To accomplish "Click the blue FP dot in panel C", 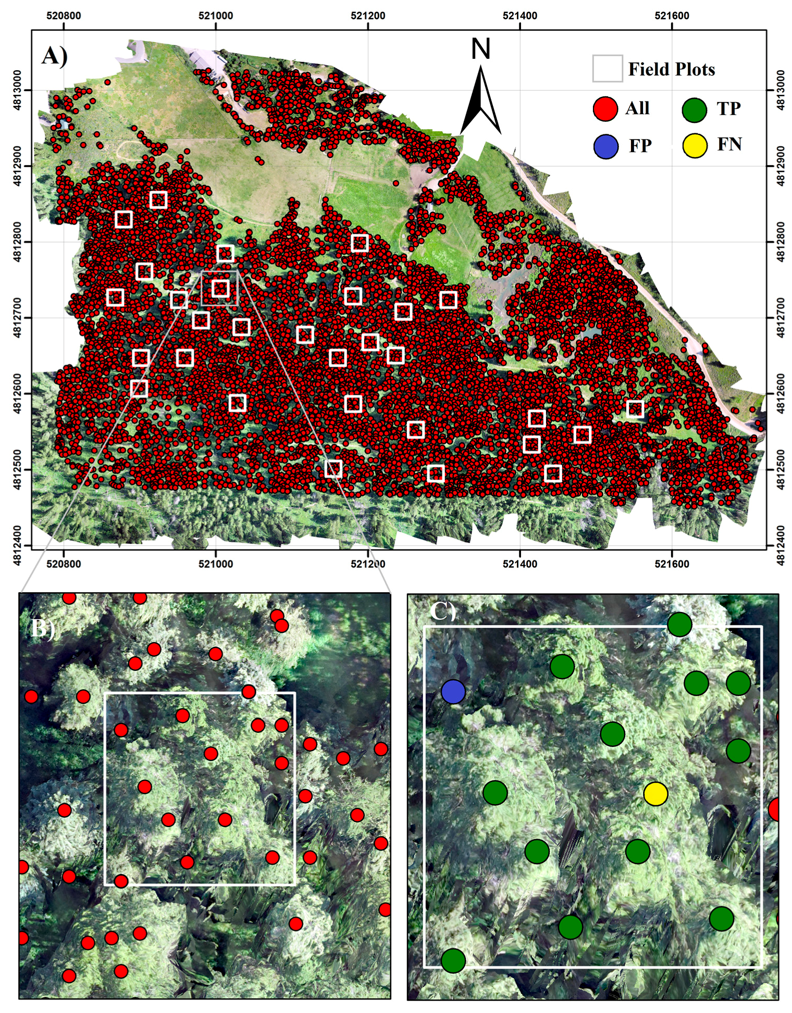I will pos(453,691).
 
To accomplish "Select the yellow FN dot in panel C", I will pos(655,793).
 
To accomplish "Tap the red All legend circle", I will pos(605,109).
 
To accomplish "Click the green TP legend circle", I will pos(694,109).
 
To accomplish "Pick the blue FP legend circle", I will pos(605,146).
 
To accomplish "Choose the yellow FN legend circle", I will pos(694,145).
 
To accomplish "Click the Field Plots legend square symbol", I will pos(607,69).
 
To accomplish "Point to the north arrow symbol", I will pos(481,102).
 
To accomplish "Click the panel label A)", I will pos(55,56).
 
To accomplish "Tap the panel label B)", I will pos(42,628).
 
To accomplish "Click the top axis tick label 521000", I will pos(216,16).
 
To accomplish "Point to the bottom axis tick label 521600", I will pos(672,564).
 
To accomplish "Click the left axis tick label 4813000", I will pos(17,90).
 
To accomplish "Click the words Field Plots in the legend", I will pos(671,69).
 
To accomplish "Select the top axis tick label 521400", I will pos(519,16).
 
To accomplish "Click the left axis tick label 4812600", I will pos(17,393).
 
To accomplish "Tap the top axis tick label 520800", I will pos(64,16).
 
